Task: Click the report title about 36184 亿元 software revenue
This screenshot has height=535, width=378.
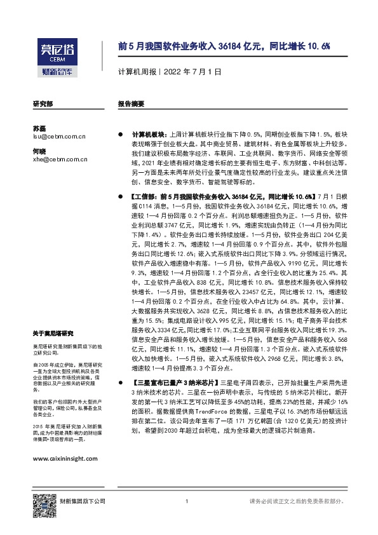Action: coord(224,46)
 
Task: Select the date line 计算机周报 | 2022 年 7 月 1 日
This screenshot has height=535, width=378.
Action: coord(170,72)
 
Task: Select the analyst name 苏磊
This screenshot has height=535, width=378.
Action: coord(39,128)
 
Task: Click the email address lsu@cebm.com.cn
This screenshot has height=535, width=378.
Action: coord(59,136)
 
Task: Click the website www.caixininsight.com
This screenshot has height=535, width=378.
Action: coord(65,441)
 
